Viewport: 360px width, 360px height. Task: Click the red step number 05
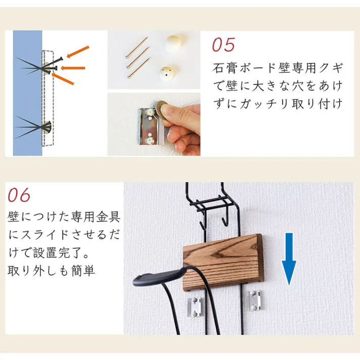(223, 44)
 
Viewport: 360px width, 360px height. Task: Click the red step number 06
(19, 195)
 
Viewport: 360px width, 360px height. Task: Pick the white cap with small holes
(166, 73)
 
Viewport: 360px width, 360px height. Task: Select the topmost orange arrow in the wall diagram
(78, 51)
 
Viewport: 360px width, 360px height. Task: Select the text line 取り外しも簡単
(52, 271)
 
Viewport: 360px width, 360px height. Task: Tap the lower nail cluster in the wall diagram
(35, 127)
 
